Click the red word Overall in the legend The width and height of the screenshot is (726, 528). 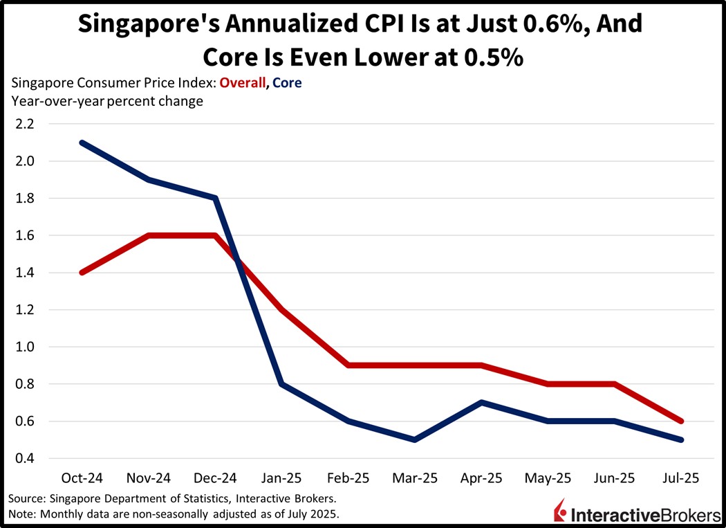pyautogui.click(x=243, y=83)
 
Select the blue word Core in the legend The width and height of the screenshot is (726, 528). pyautogui.click(x=288, y=83)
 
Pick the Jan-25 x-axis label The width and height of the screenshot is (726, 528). pyautogui.click(x=280, y=478)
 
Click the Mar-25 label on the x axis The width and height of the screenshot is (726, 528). pyautogui.click(x=413, y=478)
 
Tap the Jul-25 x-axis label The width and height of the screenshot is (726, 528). pyautogui.click(x=681, y=478)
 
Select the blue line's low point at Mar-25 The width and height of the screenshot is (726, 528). pyautogui.click(x=413, y=439)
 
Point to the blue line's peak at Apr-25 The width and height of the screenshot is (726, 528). pyautogui.click(x=481, y=402)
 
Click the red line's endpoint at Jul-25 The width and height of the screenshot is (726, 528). pyautogui.click(x=681, y=421)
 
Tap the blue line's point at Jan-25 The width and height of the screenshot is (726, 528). pyautogui.click(x=280, y=384)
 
